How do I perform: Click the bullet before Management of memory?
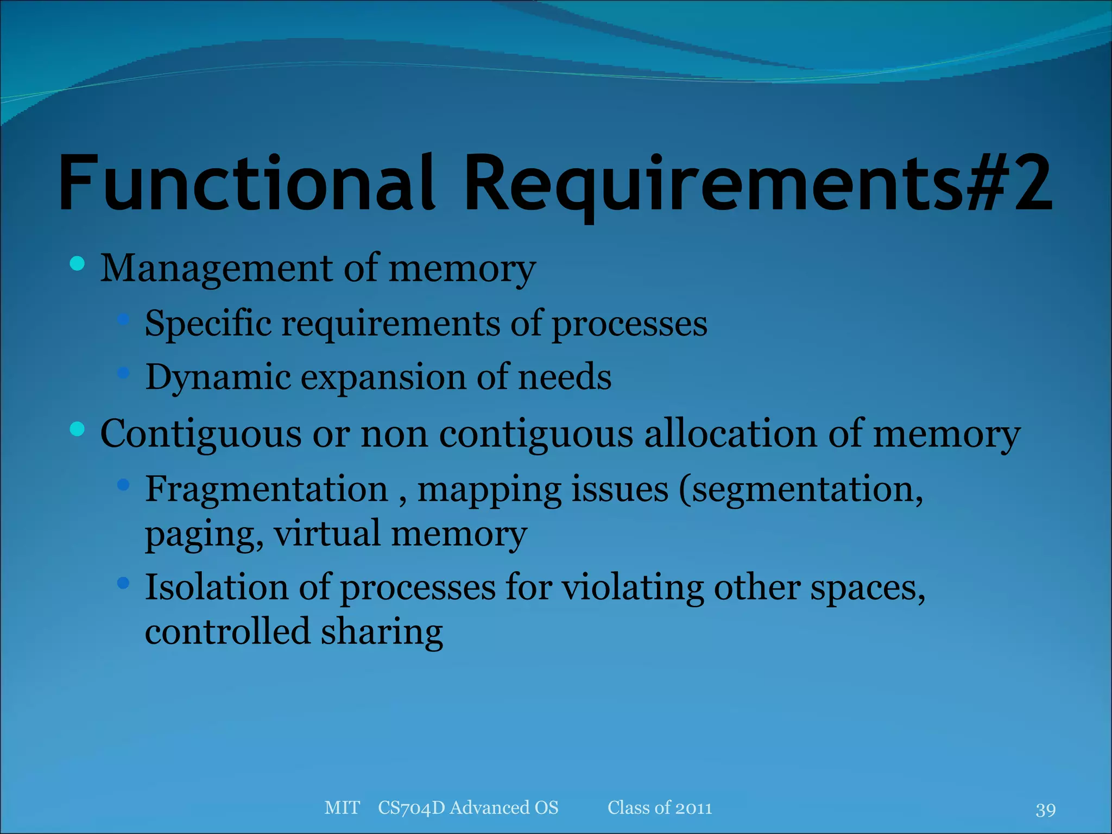(78, 264)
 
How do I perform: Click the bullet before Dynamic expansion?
(124, 372)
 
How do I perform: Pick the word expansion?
(383, 377)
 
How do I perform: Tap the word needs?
(565, 377)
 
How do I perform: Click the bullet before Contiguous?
(78, 429)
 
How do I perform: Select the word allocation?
(730, 434)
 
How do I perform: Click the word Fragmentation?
(266, 489)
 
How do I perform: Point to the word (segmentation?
(801, 489)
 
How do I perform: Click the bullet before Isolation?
(124, 584)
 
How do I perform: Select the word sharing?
(382, 632)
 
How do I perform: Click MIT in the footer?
(342, 807)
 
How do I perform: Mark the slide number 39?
(1045, 810)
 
